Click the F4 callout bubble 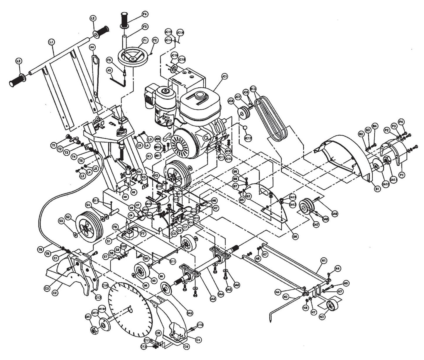click(x=145, y=14)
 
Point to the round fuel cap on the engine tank click(x=200, y=95)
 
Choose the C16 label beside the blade click(x=105, y=285)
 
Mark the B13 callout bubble click(x=253, y=88)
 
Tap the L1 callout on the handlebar click(x=51, y=42)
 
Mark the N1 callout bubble click(x=324, y=260)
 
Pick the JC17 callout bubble click(x=248, y=137)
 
